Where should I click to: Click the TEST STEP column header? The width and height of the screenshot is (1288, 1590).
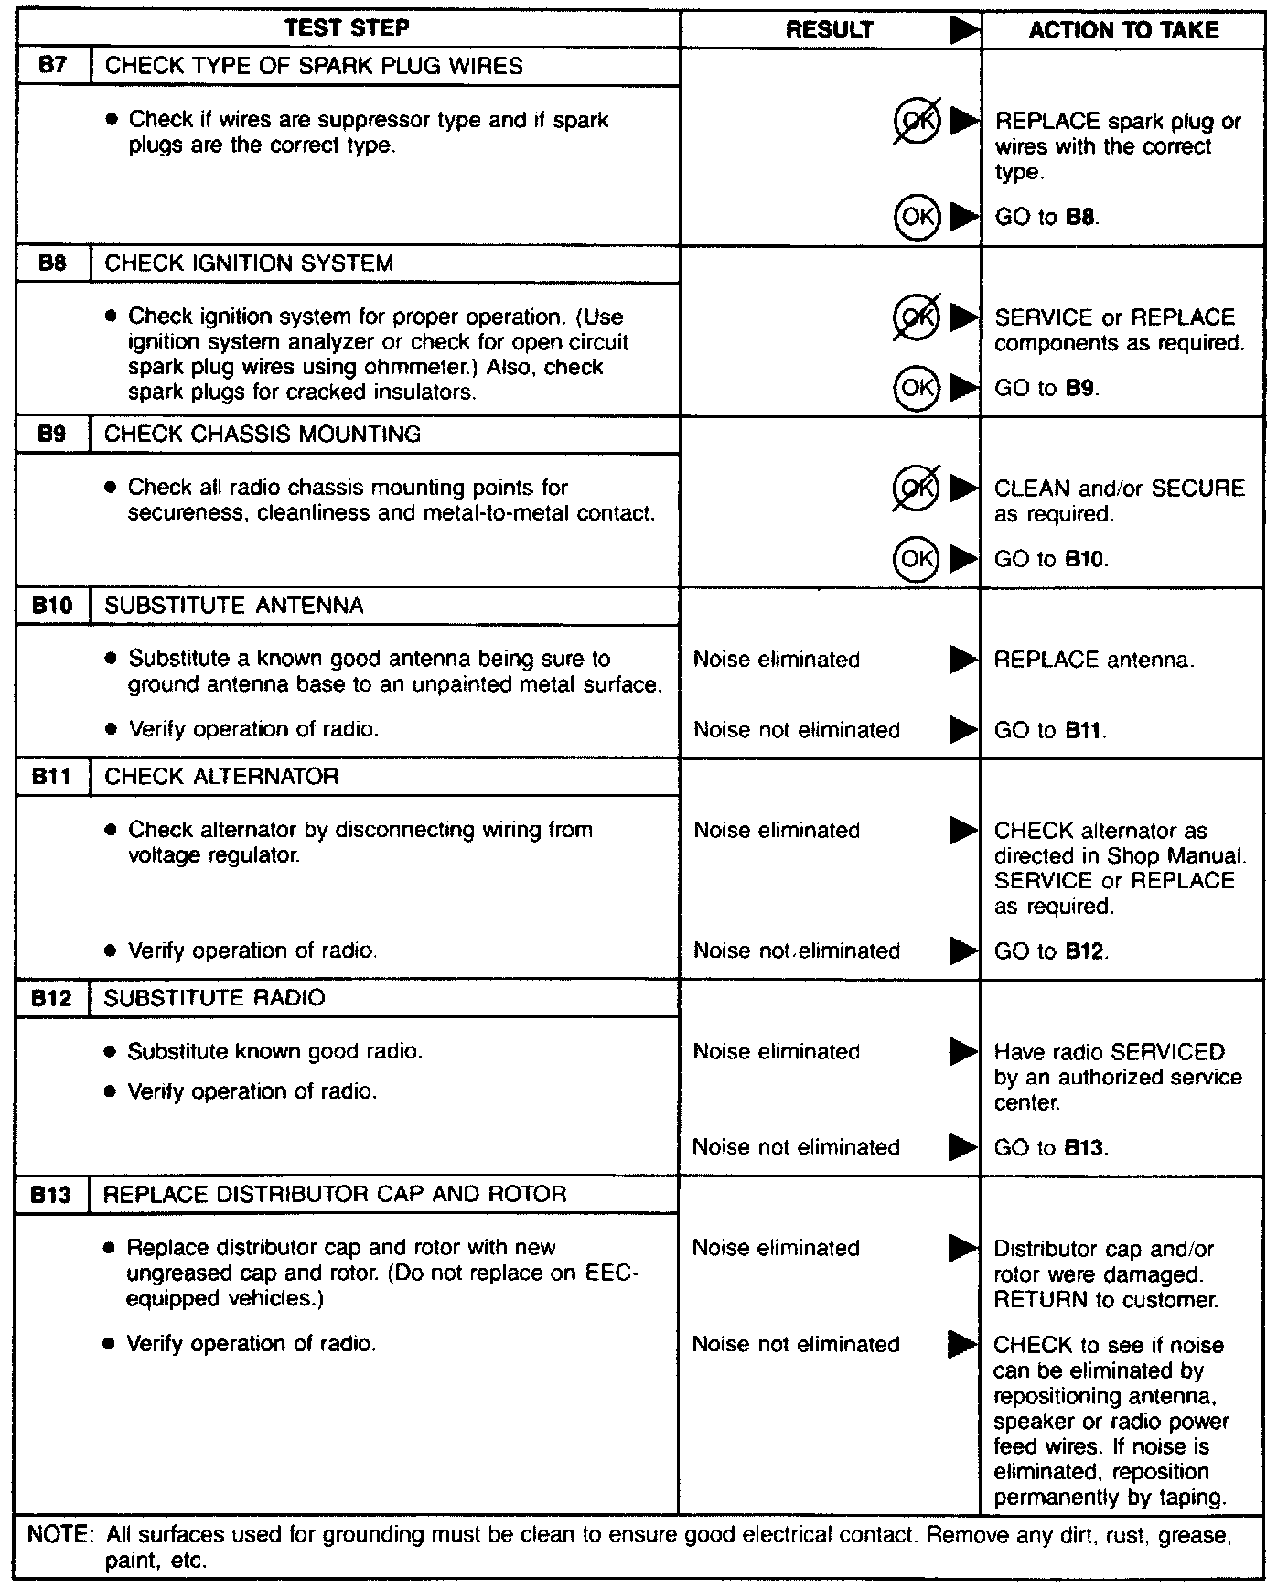click(347, 28)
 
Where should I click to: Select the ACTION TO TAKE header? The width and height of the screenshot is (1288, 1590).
click(1123, 30)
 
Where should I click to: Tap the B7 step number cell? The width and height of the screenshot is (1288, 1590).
click(54, 66)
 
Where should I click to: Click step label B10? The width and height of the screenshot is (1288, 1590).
click(52, 606)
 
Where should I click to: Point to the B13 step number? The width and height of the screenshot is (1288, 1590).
click(50, 1195)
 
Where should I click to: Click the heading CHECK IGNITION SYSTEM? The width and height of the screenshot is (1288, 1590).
click(249, 263)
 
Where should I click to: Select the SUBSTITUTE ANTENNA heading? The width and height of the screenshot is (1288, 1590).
click(234, 606)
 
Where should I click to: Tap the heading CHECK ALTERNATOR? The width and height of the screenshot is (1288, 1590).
click(221, 777)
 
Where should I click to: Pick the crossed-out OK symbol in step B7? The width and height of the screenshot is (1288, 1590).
click(917, 121)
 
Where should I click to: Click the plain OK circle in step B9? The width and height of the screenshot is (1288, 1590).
click(917, 558)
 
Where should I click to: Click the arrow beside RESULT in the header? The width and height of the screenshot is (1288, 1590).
click(963, 30)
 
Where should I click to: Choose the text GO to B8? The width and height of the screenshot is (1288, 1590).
click(1046, 218)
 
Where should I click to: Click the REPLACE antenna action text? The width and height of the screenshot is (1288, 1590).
click(1093, 660)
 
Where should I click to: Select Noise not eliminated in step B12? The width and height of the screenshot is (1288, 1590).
click(796, 1147)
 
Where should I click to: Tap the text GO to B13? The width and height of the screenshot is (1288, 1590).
click(1051, 1148)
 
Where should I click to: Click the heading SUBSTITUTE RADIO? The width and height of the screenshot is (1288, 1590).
click(214, 998)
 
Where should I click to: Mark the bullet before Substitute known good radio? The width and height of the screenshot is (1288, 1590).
click(110, 1052)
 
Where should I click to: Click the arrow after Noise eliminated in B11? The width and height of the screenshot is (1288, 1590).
click(963, 831)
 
